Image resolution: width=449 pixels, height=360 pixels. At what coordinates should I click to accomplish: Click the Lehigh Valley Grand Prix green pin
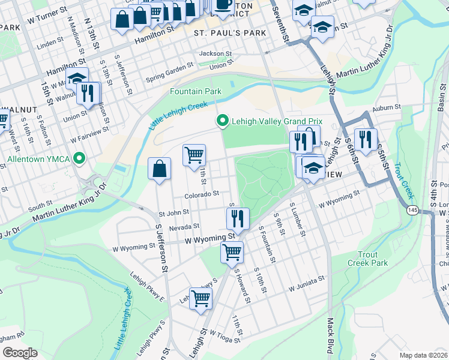tap(223, 122)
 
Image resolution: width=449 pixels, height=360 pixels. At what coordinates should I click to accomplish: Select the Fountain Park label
tap(195, 92)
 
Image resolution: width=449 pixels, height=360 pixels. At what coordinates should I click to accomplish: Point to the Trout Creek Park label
tap(367, 259)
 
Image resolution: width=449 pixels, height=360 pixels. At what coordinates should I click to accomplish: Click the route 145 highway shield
tap(412, 210)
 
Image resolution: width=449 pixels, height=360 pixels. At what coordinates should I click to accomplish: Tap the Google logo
tap(20, 353)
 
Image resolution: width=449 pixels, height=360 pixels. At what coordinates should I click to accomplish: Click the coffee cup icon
tap(223, 5)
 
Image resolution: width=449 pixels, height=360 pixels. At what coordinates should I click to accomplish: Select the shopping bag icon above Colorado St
tap(159, 170)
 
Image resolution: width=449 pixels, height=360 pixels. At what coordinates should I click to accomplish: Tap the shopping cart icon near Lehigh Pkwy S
tap(200, 298)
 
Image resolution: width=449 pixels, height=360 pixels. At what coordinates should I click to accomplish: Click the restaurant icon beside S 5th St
tap(365, 140)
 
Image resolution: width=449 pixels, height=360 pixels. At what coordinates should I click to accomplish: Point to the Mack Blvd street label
tap(330, 336)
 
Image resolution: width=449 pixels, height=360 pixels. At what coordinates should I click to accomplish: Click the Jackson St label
tap(215, 53)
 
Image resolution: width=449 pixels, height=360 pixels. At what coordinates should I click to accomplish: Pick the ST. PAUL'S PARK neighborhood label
tap(222, 33)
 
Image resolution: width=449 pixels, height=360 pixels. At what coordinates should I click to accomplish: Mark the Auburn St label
tap(386, 107)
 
